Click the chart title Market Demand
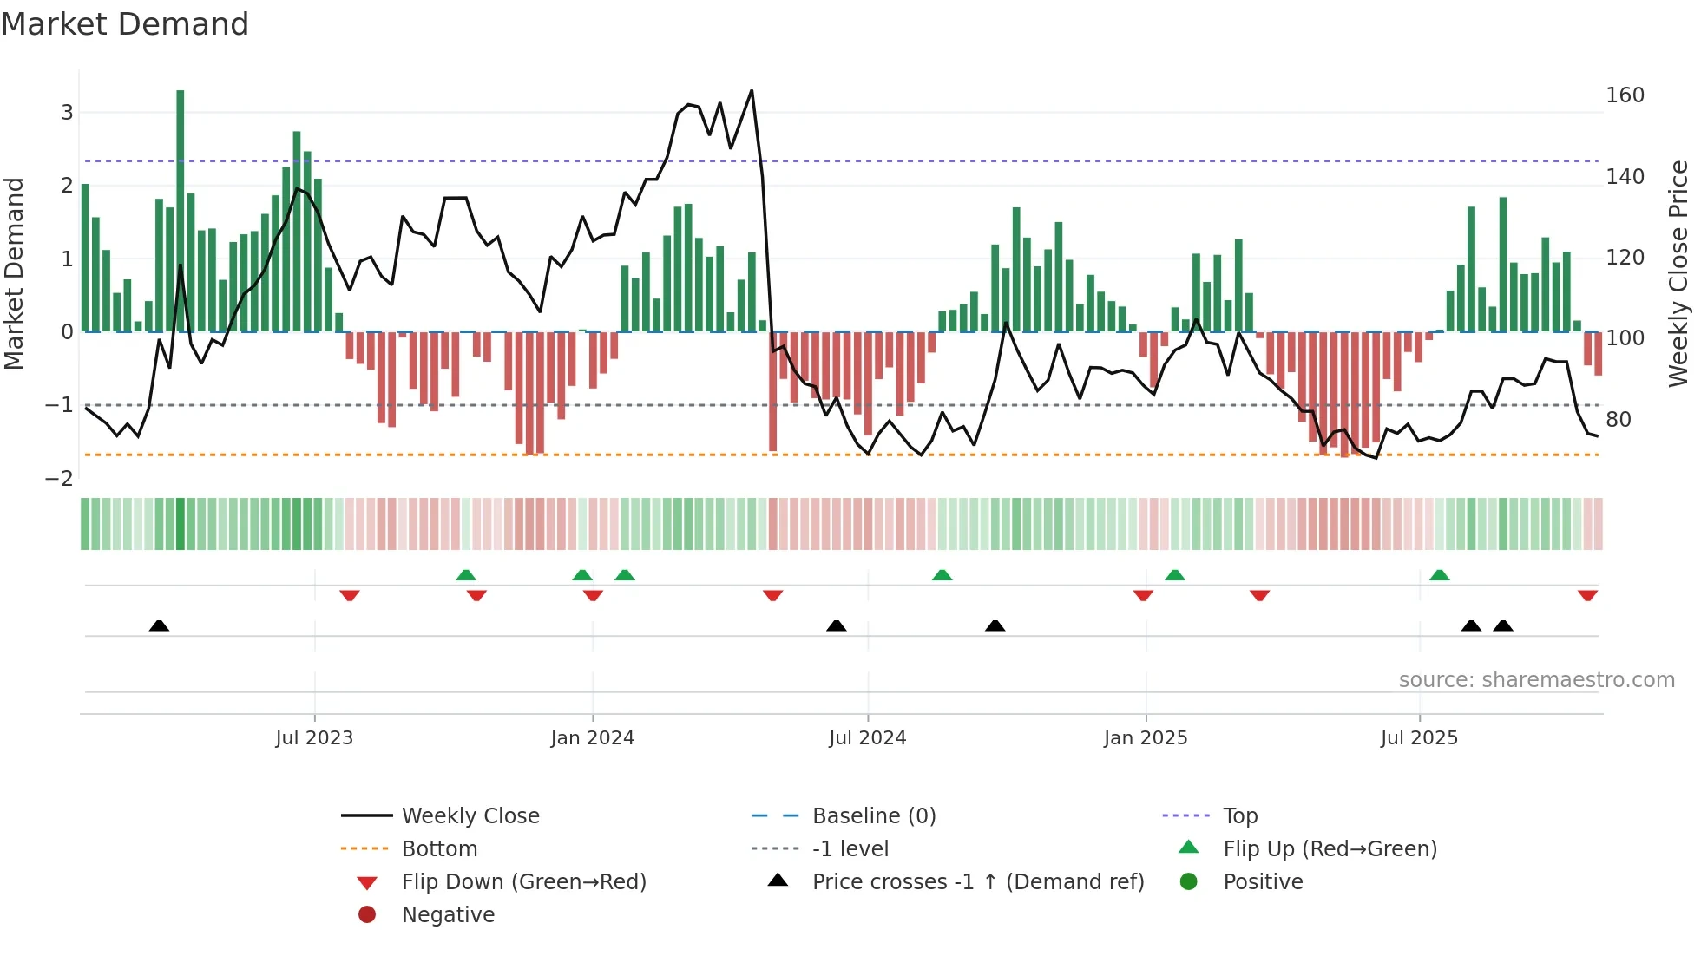(125, 24)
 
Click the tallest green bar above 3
(181, 208)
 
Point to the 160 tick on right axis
(1625, 95)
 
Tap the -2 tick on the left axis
(59, 478)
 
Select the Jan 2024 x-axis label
(592, 738)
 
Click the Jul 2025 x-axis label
(1419, 738)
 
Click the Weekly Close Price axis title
(1678, 273)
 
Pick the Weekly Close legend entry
(470, 816)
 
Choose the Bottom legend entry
(439, 849)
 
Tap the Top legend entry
(1239, 816)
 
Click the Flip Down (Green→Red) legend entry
(523, 882)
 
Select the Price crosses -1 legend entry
(977, 882)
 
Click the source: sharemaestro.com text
(1536, 680)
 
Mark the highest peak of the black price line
(752, 91)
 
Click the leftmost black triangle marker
(159, 625)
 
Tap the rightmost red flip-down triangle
(1587, 595)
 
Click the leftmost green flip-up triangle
(466, 575)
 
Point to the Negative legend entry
(448, 915)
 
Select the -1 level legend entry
(850, 849)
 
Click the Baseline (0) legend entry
(873, 816)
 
